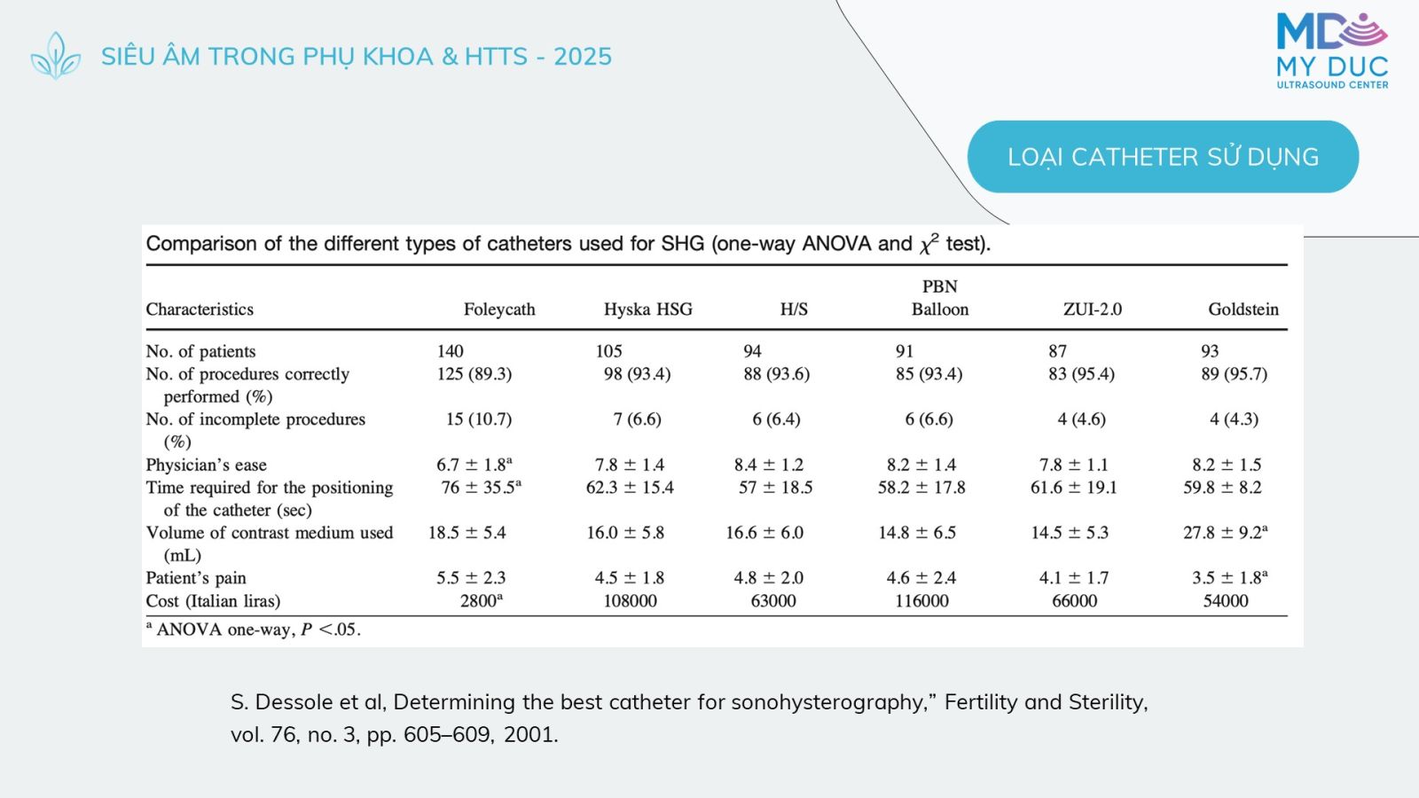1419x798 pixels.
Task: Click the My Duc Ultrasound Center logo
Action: pyautogui.click(x=1332, y=51)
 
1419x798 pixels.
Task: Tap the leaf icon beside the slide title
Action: pyautogui.click(x=56, y=56)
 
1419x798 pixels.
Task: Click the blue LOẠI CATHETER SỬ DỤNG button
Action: pyautogui.click(x=1163, y=156)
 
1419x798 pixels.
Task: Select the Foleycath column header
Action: pyautogui.click(x=499, y=309)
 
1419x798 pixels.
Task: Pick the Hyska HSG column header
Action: pyautogui.click(x=648, y=309)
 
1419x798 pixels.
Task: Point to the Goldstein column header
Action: pyautogui.click(x=1243, y=309)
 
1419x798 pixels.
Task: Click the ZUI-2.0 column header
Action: pyautogui.click(x=1092, y=309)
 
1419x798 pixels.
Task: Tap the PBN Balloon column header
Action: pyautogui.click(x=940, y=298)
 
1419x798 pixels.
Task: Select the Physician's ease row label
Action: pyautogui.click(x=206, y=465)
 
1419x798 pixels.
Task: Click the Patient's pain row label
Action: pyautogui.click(x=196, y=577)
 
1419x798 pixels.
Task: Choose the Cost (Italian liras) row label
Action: pyautogui.click(x=213, y=600)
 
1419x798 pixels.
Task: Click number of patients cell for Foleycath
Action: pyautogui.click(x=450, y=351)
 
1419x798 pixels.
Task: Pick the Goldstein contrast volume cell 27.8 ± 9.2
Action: pyautogui.click(x=1225, y=532)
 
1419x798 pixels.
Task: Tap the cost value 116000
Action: pyautogui.click(x=921, y=600)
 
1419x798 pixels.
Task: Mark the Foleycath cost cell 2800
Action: pyautogui.click(x=482, y=599)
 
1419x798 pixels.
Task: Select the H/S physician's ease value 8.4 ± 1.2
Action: pyautogui.click(x=768, y=465)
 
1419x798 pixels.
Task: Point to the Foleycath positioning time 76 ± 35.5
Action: pyautogui.click(x=482, y=487)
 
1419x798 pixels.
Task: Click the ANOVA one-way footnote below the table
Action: pyautogui.click(x=253, y=629)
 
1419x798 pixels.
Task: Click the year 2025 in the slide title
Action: pyautogui.click(x=583, y=57)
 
